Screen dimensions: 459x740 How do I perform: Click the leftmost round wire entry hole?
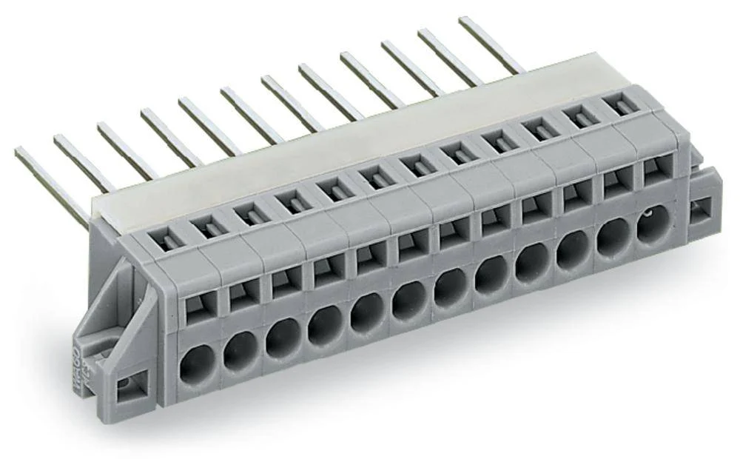(197, 363)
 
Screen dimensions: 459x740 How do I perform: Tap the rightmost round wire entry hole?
(654, 224)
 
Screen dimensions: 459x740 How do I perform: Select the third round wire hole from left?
(283, 337)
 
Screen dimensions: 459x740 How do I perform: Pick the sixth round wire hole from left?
(408, 300)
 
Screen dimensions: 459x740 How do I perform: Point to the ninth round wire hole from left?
(531, 263)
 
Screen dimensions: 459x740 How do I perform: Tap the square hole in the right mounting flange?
(700, 211)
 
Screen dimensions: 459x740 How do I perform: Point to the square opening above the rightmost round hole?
(656, 170)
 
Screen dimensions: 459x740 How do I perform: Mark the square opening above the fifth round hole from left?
(369, 255)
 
